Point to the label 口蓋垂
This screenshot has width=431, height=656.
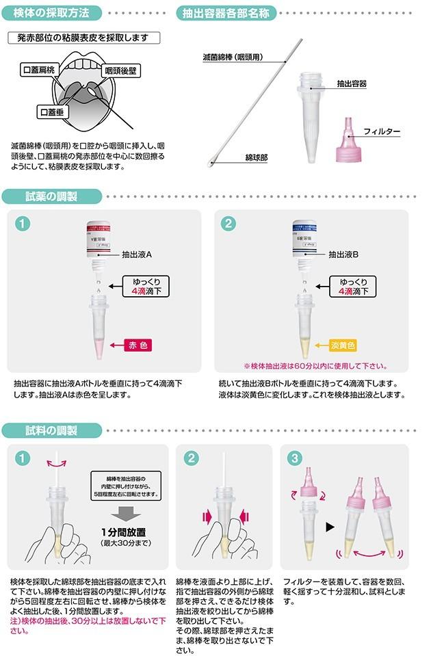[54, 111]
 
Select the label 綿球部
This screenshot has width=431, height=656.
[257, 157]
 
